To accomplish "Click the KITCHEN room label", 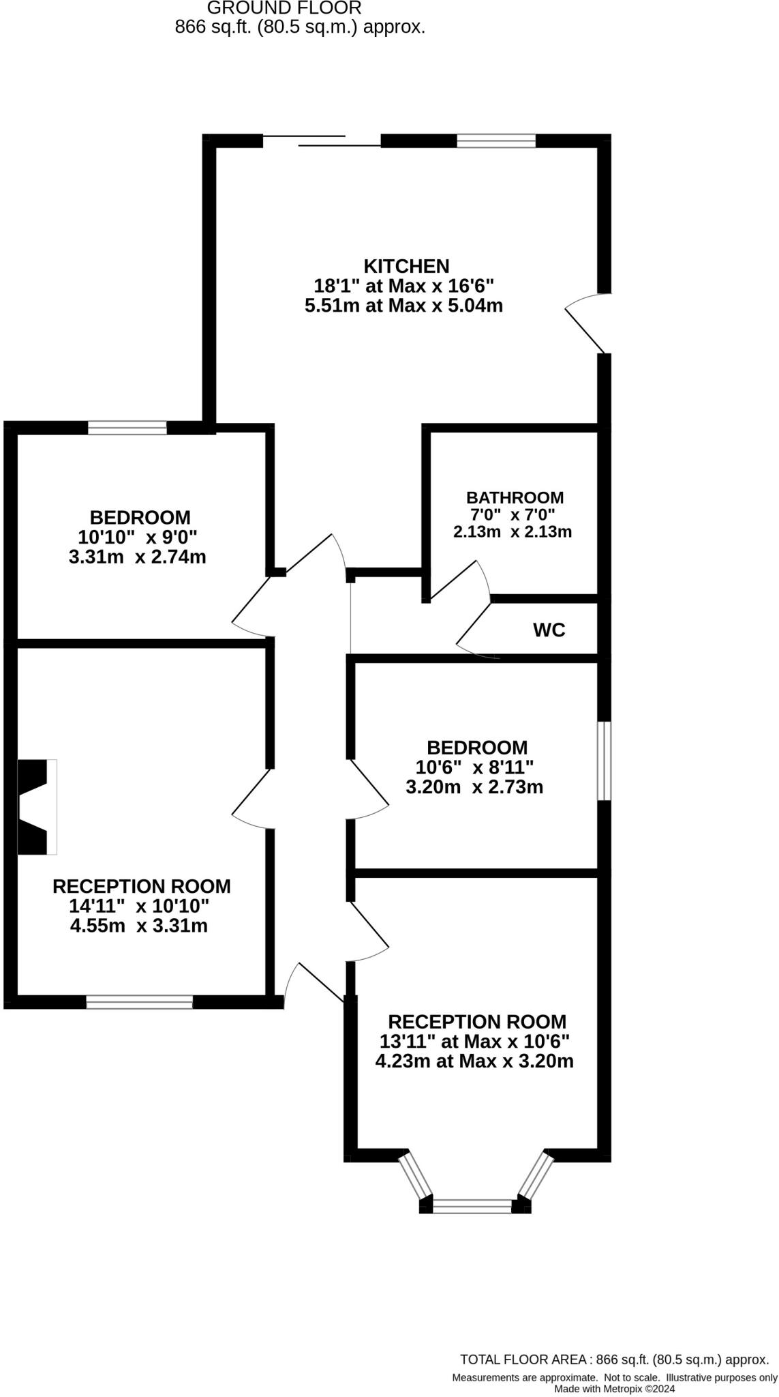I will (x=406, y=266).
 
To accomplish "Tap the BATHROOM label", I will (x=515, y=497).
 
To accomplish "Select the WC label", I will (x=549, y=630).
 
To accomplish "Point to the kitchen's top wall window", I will (x=495, y=141).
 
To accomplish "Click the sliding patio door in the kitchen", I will (x=321, y=141).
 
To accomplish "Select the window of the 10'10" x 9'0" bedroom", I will (x=127, y=428).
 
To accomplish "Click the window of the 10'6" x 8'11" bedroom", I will (x=604, y=761).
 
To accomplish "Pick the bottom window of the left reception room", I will (x=140, y=1001).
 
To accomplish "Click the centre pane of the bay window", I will (x=472, y=1206).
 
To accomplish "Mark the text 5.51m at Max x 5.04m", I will (x=403, y=306).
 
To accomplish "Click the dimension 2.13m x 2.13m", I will (x=513, y=531).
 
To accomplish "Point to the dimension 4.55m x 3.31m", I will (x=139, y=926).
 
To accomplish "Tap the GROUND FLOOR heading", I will (x=284, y=8).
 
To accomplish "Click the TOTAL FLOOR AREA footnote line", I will (x=614, y=1359).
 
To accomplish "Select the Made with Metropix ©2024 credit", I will (x=614, y=1388).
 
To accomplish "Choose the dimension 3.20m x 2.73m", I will (x=474, y=787).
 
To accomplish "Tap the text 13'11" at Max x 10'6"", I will (x=474, y=1041).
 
